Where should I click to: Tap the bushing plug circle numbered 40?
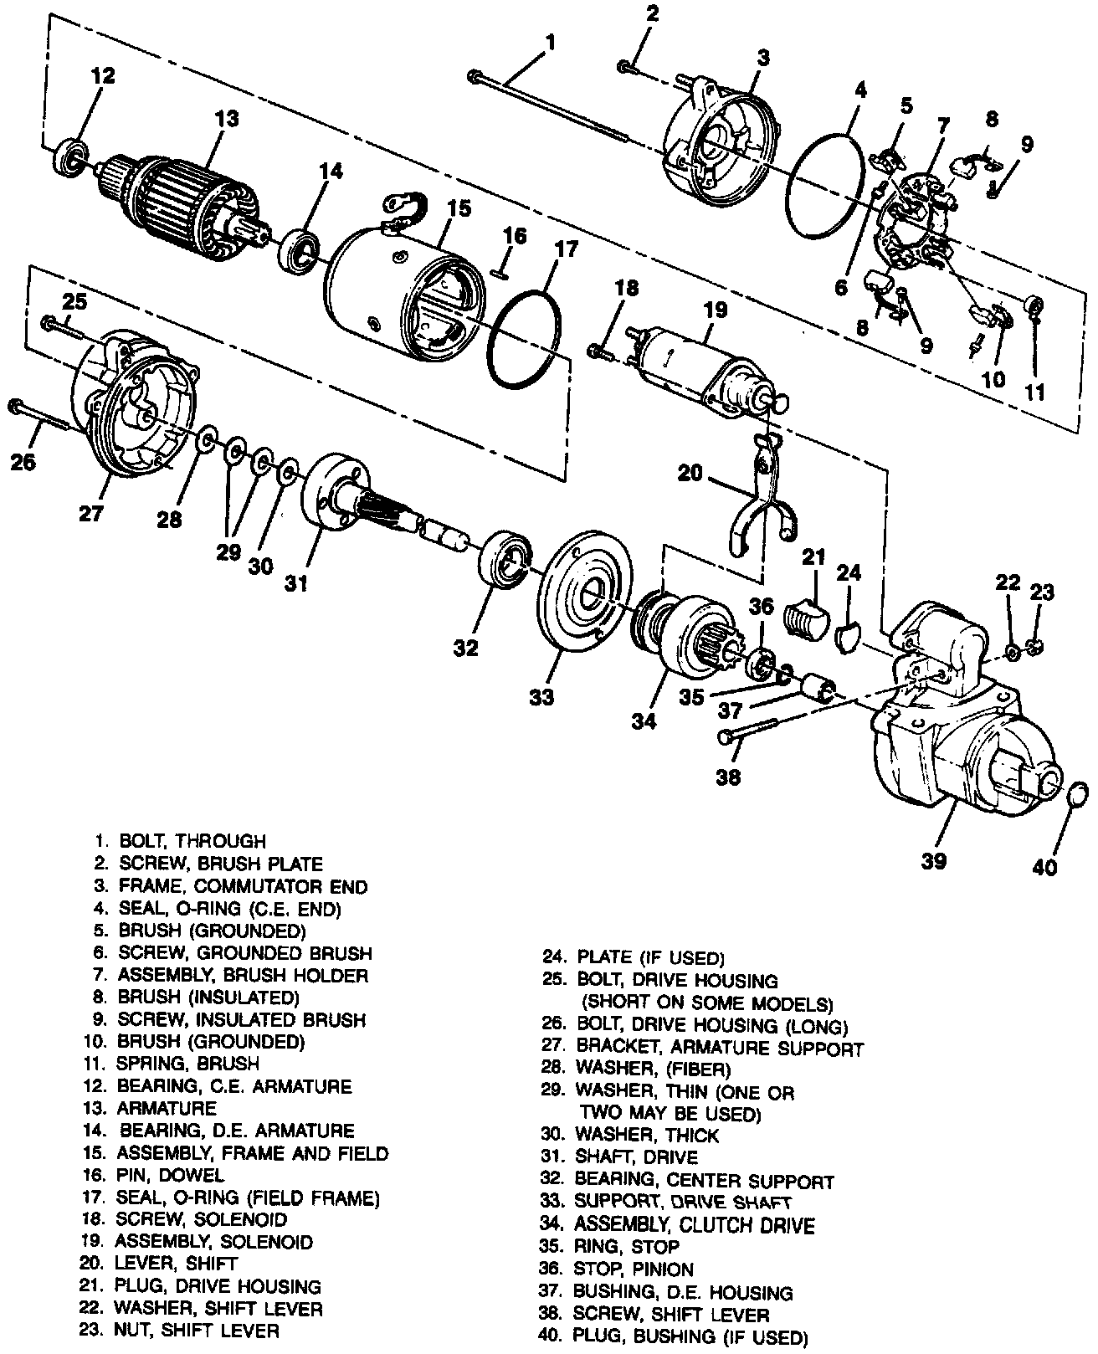1078,794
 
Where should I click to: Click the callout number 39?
933,859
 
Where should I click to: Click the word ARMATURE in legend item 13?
168,1108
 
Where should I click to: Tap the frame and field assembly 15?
402,285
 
